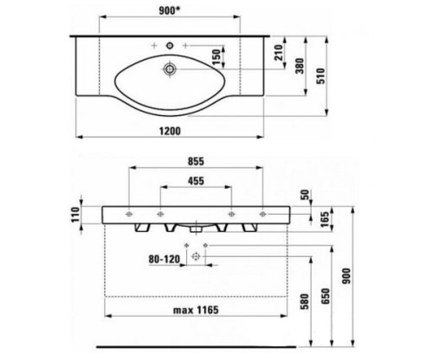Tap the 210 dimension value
click(x=279, y=58)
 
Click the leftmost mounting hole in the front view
click(x=129, y=210)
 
